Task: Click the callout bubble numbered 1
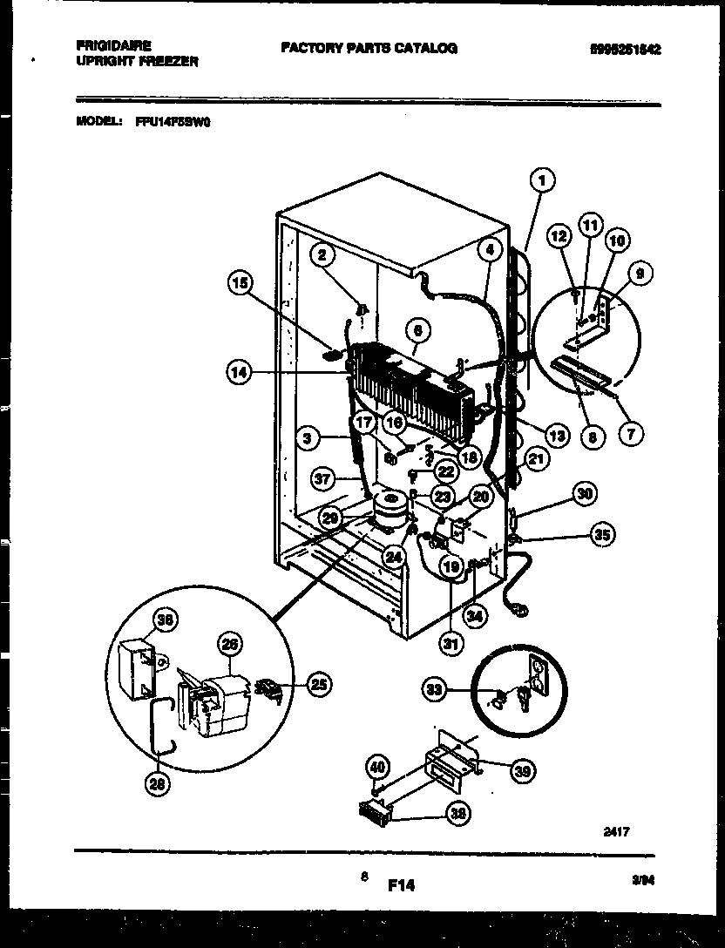pos(542,181)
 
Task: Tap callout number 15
pos(241,281)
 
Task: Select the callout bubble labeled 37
pos(322,477)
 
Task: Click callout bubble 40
pos(376,768)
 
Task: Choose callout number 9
pos(640,274)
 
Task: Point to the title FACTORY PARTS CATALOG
pos(369,48)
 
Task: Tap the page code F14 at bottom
pos(401,885)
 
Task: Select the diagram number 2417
pos(614,832)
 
